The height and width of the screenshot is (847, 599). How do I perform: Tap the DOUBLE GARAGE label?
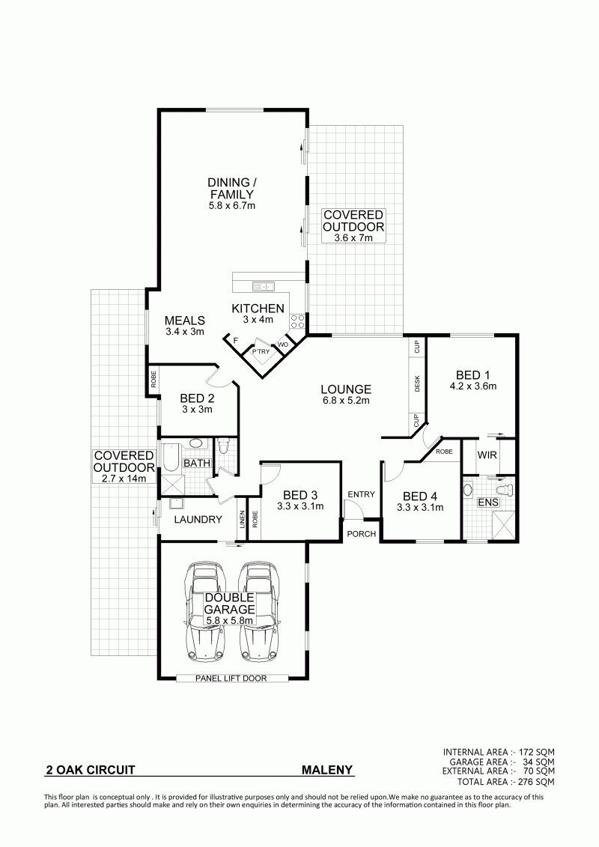pyautogui.click(x=230, y=604)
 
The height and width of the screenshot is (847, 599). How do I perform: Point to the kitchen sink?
pyautogui.click(x=263, y=286)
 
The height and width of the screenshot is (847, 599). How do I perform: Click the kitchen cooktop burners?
pyautogui.click(x=297, y=321)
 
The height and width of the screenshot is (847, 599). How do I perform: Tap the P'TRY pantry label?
pyautogui.click(x=261, y=352)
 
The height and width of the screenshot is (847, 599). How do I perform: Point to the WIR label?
pyautogui.click(x=487, y=455)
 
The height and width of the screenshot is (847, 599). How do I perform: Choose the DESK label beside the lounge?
pyautogui.click(x=417, y=383)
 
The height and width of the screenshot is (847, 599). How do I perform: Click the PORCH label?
pyautogui.click(x=362, y=534)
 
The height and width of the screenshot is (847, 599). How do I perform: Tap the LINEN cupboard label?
pyautogui.click(x=241, y=520)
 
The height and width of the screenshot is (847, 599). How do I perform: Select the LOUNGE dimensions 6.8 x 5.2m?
pyautogui.click(x=346, y=400)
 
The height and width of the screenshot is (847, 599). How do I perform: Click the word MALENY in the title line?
pyautogui.click(x=326, y=770)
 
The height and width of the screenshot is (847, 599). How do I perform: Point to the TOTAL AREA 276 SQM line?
pyautogui.click(x=505, y=782)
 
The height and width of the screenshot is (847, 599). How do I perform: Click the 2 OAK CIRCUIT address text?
pyautogui.click(x=90, y=770)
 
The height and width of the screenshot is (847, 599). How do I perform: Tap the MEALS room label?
pyautogui.click(x=185, y=321)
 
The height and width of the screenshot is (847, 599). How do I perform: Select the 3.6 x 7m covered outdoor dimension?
pyautogui.click(x=353, y=237)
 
